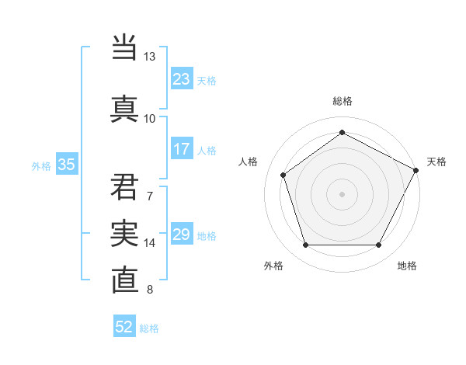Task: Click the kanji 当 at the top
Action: (125, 46)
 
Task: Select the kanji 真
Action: (125, 107)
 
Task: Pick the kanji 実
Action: (125, 232)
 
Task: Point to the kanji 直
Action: (125, 280)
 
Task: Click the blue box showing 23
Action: (182, 78)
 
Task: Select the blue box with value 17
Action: (182, 149)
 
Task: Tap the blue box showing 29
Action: (182, 235)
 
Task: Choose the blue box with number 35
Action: (67, 164)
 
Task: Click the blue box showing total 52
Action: (124, 327)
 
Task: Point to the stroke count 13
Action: (149, 57)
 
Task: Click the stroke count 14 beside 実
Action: (149, 243)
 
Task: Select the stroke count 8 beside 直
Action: (149, 290)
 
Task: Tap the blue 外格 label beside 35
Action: (41, 165)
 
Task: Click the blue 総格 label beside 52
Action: (149, 328)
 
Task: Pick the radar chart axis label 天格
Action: (436, 162)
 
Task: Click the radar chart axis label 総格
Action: (342, 101)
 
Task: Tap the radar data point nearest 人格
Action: (283, 175)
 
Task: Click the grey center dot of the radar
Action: (342, 193)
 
